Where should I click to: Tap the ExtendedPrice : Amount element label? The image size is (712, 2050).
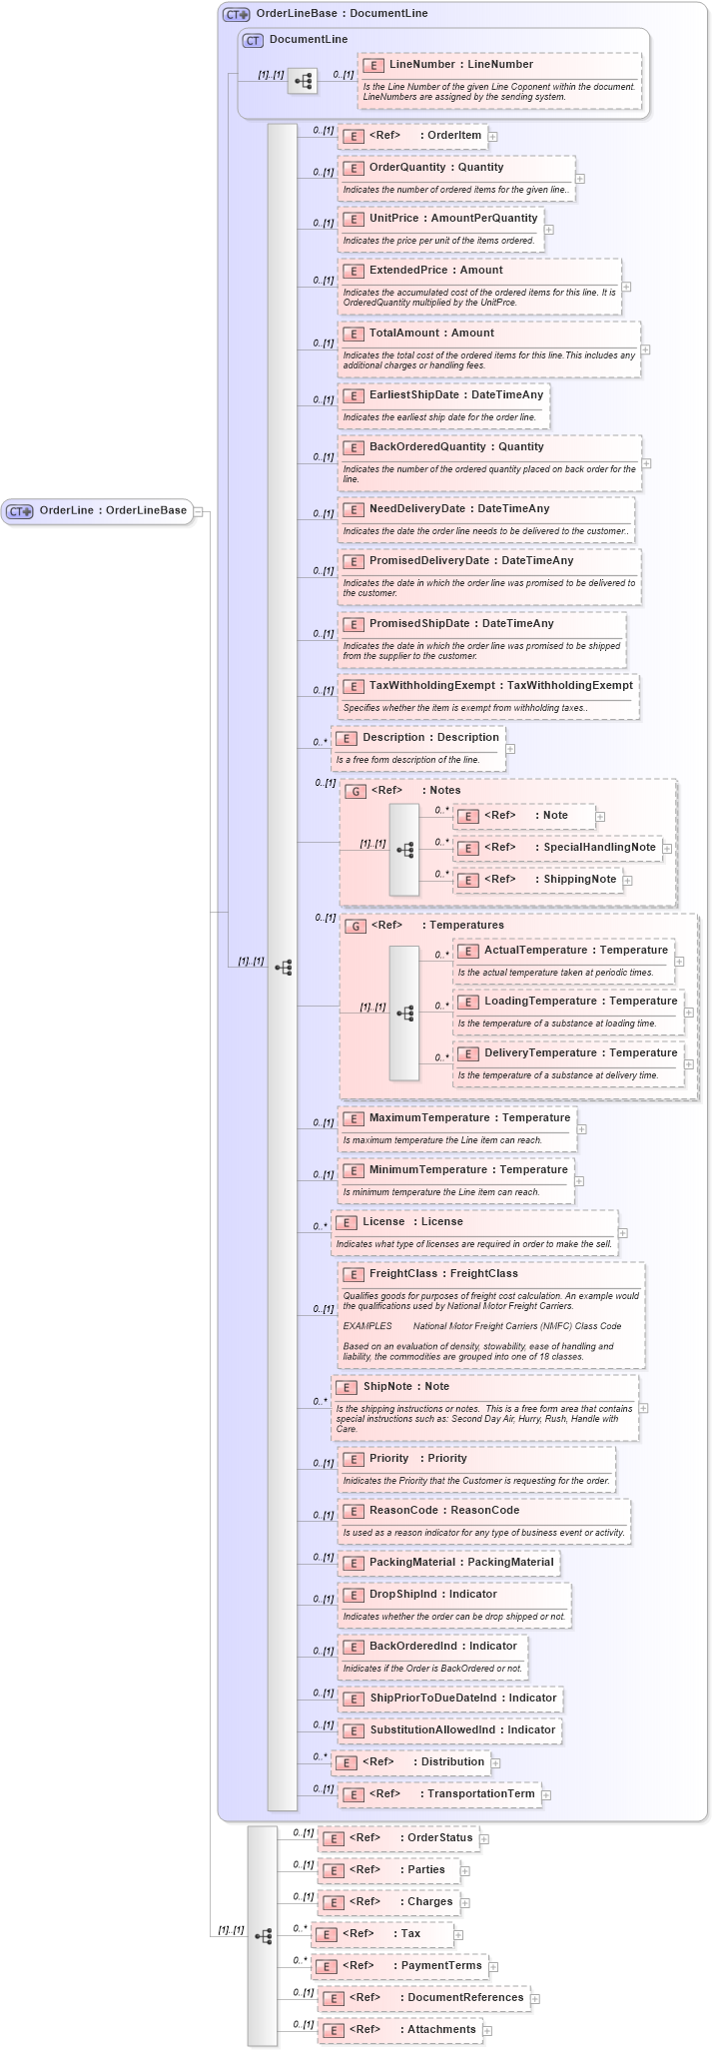tap(435, 271)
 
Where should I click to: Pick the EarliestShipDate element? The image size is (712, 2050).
tap(455, 395)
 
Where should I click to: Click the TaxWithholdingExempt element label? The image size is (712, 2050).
tap(500, 686)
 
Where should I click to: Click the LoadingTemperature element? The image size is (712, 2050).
tap(566, 1002)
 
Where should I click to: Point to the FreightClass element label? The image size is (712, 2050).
tap(443, 1274)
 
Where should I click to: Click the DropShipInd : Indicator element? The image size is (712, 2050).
tap(432, 1595)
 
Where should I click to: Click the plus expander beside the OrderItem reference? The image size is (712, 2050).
tap(493, 137)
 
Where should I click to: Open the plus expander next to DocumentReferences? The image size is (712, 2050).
tap(535, 1999)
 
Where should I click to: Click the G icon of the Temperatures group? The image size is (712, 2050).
tap(355, 926)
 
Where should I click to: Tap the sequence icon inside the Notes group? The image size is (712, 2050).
tap(404, 850)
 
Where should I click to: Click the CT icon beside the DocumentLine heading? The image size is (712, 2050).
tap(253, 40)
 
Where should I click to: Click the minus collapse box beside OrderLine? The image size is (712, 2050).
tap(198, 511)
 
